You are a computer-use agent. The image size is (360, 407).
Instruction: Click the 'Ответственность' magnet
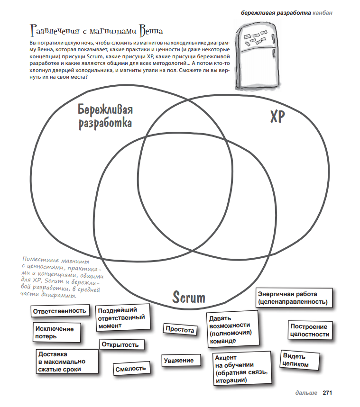click(x=60, y=311)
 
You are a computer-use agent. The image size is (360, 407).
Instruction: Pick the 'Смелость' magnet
click(x=130, y=369)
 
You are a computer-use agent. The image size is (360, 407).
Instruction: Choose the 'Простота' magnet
click(x=180, y=330)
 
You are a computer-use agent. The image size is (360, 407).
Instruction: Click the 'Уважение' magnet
click(x=178, y=361)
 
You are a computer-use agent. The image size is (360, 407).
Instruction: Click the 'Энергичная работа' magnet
click(x=292, y=298)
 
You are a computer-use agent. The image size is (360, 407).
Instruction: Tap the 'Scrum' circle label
click(x=189, y=298)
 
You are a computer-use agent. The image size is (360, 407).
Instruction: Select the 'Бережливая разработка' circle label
click(x=105, y=116)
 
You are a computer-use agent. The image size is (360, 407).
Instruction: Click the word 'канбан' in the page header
click(x=323, y=12)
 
